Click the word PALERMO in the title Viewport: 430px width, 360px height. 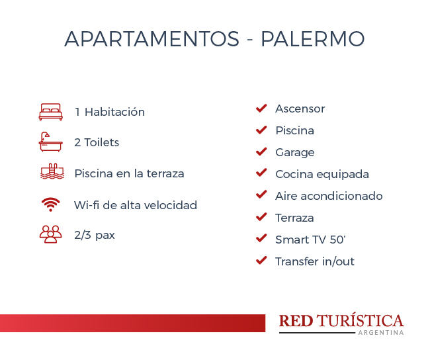313,38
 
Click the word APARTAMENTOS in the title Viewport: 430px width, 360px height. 152,38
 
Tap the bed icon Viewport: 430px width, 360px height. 51,112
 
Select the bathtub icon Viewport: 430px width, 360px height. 51,142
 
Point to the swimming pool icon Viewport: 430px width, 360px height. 52,171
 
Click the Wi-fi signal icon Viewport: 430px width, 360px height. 50,204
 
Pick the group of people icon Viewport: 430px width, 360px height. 51,234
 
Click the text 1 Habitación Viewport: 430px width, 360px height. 110,112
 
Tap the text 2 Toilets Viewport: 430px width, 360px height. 97,142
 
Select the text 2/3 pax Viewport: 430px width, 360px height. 95,235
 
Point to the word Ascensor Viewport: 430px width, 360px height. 300,109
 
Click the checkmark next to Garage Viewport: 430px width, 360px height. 261,152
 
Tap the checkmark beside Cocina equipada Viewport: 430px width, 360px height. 261,173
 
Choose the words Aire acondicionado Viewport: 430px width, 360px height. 329,196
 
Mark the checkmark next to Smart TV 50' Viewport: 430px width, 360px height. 261,238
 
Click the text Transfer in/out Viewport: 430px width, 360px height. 315,261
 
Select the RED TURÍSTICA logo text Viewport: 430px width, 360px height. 341,320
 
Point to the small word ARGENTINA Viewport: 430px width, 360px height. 381,333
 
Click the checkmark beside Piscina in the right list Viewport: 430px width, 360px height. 261,130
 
